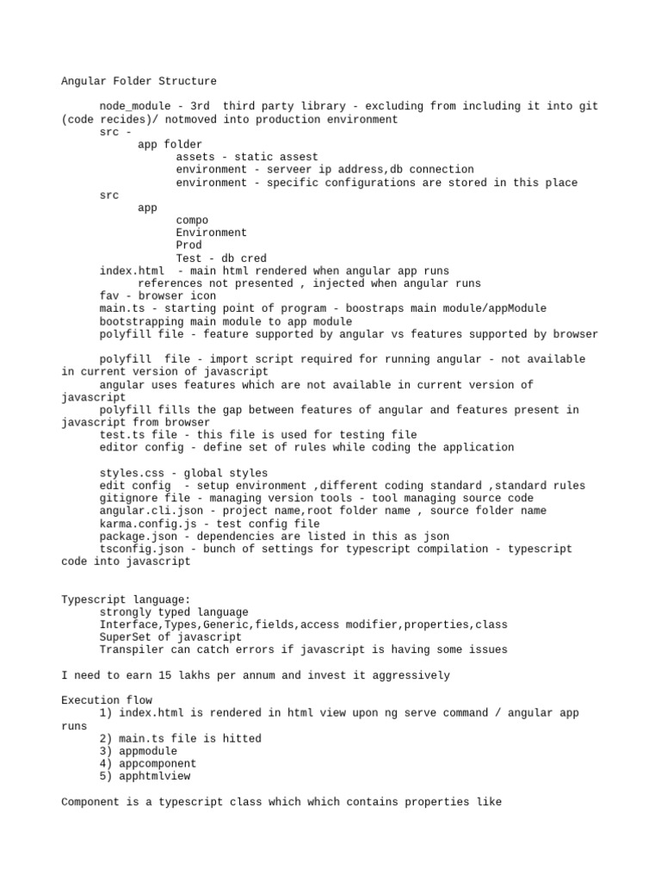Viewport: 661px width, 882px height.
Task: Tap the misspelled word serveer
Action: coord(287,170)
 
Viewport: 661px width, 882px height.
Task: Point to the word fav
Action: coord(109,296)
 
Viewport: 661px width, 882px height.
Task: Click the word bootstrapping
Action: coord(144,321)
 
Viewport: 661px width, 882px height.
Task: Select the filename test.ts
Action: coord(121,435)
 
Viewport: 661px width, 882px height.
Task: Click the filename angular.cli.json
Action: coord(150,511)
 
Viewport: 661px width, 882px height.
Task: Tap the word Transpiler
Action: coord(134,649)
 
